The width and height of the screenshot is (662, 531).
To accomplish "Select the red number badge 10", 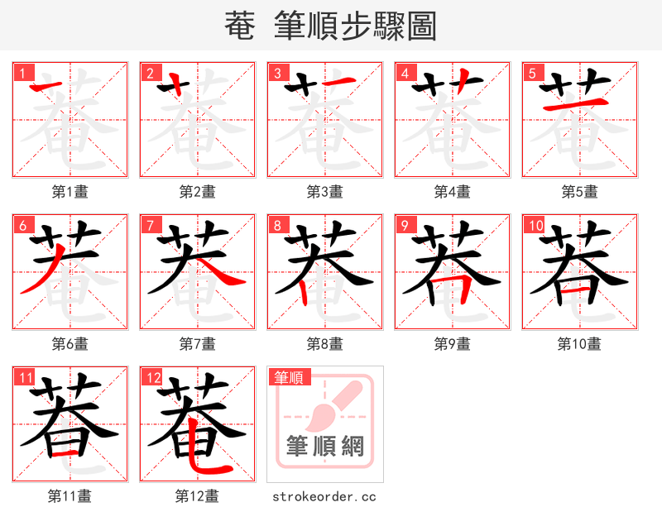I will coord(535,225).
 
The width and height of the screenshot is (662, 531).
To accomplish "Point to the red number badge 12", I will coord(152,377).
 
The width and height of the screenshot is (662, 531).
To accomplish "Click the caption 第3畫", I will coord(324,192).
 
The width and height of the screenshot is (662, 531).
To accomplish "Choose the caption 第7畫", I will coord(197,344).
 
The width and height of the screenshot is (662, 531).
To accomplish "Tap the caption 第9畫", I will coord(452,344).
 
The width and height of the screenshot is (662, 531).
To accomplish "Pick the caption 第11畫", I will coord(70,496).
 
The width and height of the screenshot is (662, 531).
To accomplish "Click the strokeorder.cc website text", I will coord(324,496).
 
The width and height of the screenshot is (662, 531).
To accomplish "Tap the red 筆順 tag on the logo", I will coord(289,377).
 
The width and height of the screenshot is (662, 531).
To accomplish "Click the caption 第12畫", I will coord(197,496).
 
